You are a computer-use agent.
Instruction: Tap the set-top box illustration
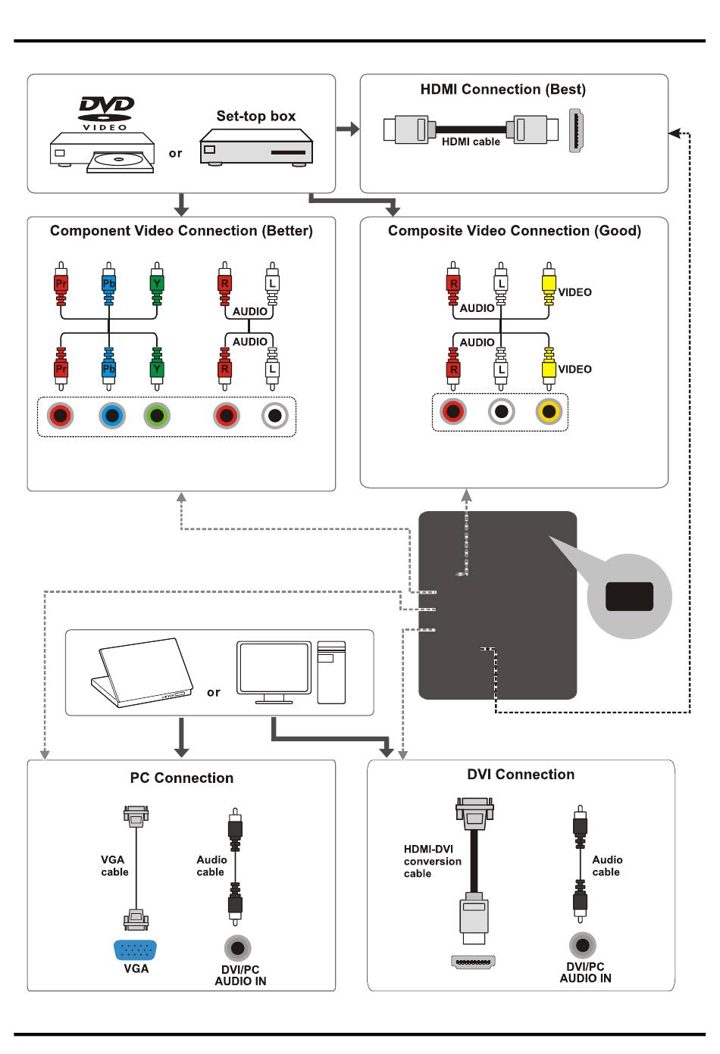click(x=256, y=147)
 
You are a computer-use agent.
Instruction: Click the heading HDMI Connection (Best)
click(x=503, y=89)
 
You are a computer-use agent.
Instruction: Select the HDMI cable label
click(x=471, y=142)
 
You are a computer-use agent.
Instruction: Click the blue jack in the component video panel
click(x=112, y=416)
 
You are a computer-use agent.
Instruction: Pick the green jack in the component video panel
click(x=157, y=416)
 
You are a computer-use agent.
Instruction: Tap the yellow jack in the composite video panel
click(x=549, y=411)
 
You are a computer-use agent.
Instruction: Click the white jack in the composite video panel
click(x=502, y=411)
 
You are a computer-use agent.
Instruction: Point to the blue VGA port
click(x=135, y=950)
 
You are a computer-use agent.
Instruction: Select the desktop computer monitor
click(x=274, y=672)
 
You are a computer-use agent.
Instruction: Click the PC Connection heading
click(x=182, y=778)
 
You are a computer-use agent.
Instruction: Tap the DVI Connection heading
click(x=521, y=774)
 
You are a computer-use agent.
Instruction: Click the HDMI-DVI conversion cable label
click(x=432, y=861)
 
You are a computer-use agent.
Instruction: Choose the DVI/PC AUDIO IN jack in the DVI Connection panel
click(x=583, y=945)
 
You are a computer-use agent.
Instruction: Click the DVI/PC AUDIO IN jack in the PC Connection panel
click(x=237, y=948)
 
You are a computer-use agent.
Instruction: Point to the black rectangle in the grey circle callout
click(x=629, y=596)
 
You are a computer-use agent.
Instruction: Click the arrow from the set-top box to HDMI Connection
click(x=348, y=129)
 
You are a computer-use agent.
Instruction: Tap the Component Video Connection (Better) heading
click(x=181, y=230)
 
